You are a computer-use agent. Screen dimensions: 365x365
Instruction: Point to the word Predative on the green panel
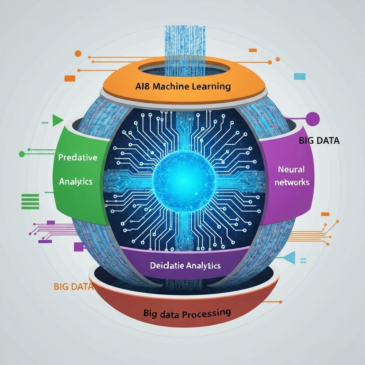click(x=78, y=158)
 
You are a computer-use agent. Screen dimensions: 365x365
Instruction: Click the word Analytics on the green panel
click(x=76, y=181)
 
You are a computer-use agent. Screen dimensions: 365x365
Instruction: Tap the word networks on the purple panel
click(x=292, y=182)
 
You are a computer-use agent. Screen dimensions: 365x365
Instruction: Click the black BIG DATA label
click(x=319, y=140)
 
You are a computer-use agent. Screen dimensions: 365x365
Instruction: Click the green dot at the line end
click(x=22, y=154)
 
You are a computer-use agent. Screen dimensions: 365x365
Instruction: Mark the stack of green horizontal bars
click(x=30, y=201)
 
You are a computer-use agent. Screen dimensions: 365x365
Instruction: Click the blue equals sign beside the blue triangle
click(x=304, y=261)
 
